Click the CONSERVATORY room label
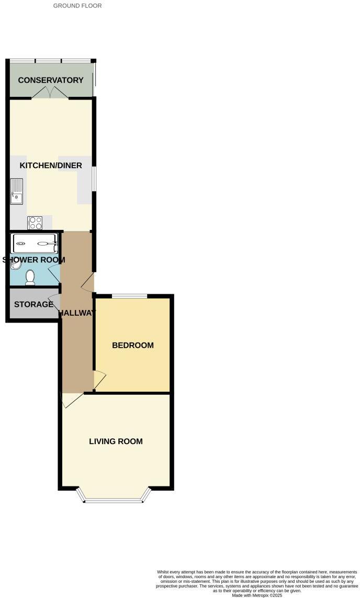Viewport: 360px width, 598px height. [51, 80]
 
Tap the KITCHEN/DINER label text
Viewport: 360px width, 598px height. [51, 165]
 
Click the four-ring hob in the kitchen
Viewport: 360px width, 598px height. [35, 223]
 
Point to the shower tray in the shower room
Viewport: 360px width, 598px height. [35, 243]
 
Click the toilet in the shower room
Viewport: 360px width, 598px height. [30, 278]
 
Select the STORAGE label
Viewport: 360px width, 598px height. [33, 304]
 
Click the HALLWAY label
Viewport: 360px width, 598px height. [77, 313]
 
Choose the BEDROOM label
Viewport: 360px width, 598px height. [133, 345]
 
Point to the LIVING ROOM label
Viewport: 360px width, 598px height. [116, 441]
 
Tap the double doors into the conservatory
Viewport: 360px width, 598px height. [50, 93]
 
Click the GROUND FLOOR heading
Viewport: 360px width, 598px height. [77, 6]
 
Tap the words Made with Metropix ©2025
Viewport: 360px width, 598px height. [257, 595]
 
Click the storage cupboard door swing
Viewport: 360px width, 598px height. [54, 303]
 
